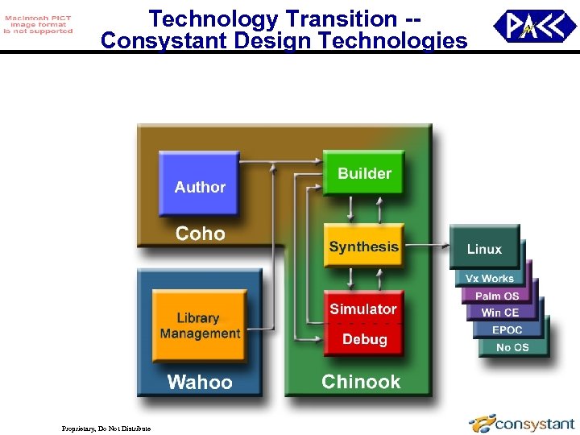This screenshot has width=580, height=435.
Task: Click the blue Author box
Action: pyautogui.click(x=199, y=183)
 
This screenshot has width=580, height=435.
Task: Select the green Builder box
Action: pyautogui.click(x=363, y=173)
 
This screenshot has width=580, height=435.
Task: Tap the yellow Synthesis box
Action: pyautogui.click(x=363, y=246)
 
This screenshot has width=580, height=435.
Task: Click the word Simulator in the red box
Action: pyautogui.click(x=363, y=309)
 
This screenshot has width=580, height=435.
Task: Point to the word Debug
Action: pyautogui.click(x=364, y=340)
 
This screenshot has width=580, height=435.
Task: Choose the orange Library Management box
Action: pyautogui.click(x=200, y=325)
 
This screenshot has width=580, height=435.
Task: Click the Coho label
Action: pyautogui.click(x=201, y=234)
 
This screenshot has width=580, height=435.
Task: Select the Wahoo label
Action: pyautogui.click(x=199, y=382)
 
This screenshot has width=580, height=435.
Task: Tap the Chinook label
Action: pyautogui.click(x=361, y=382)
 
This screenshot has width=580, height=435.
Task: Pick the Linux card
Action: pyautogui.click(x=484, y=250)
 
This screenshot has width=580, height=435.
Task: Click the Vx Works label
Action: pyautogui.click(x=489, y=279)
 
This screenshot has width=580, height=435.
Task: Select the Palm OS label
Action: pyautogui.click(x=497, y=296)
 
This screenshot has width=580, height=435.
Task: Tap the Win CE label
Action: pyautogui.click(x=500, y=313)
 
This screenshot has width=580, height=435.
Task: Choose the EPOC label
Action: pyautogui.click(x=507, y=330)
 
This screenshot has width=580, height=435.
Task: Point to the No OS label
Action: pyautogui.click(x=512, y=347)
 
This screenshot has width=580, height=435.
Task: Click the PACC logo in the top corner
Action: pyautogui.click(x=534, y=27)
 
